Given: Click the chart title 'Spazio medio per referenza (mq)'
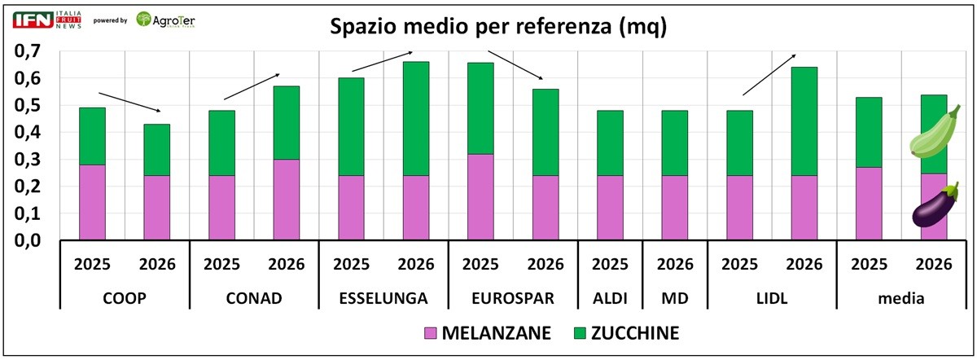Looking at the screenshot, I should (x=497, y=27).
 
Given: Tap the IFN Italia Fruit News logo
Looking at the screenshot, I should (x=48, y=20).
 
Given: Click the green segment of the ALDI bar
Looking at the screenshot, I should (x=611, y=143).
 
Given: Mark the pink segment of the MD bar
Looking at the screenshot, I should (x=675, y=208).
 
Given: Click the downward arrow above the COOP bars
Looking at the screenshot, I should (x=129, y=102).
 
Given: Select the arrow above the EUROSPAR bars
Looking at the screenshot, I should (x=516, y=65).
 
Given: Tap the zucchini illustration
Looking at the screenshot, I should (x=935, y=134).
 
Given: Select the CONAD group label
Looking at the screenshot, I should (x=254, y=298).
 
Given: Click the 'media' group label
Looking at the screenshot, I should (x=900, y=298).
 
